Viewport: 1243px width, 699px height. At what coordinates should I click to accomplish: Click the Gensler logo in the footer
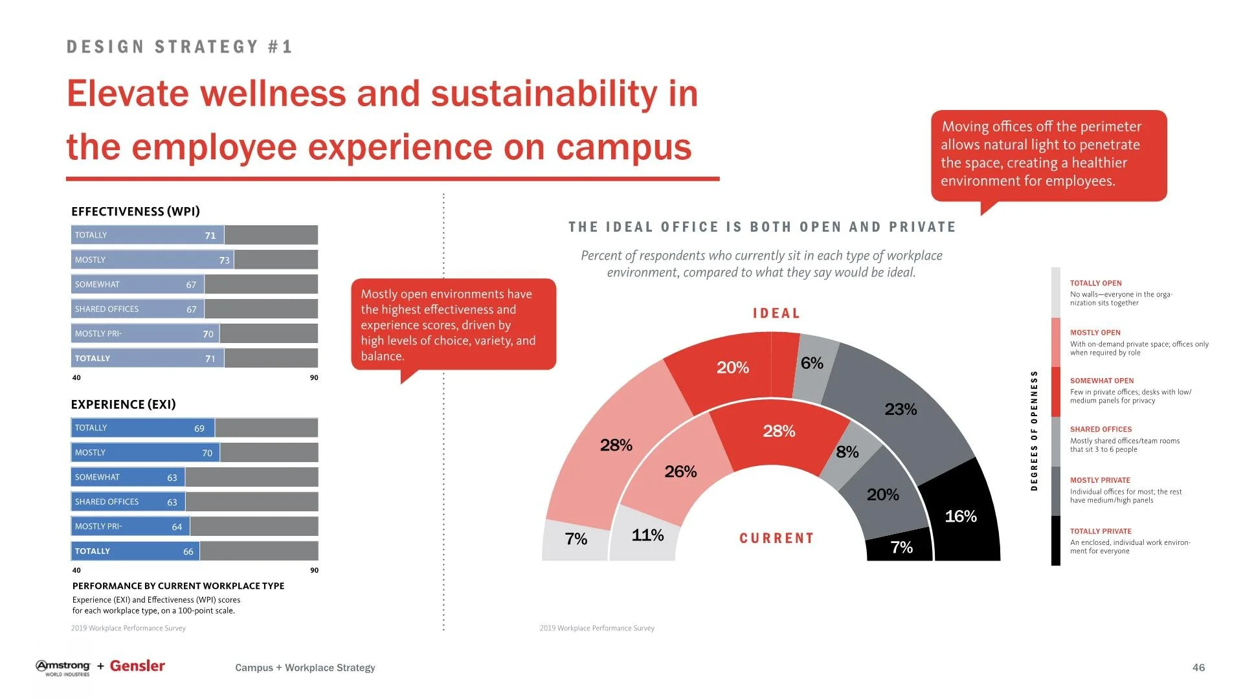137,666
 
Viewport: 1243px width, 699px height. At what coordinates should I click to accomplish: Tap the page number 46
1198,667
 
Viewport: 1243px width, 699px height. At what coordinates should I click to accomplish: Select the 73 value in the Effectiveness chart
224,260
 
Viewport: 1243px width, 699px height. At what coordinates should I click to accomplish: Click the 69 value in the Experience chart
199,428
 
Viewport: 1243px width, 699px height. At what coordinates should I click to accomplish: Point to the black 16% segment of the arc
961,516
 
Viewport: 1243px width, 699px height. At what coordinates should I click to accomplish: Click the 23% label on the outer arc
901,409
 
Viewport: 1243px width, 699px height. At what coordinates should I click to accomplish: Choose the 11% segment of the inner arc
647,535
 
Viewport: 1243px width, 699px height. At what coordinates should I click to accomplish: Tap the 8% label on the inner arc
847,452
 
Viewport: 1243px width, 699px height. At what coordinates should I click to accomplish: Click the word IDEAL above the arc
776,313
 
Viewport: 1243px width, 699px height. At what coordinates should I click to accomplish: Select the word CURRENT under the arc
776,538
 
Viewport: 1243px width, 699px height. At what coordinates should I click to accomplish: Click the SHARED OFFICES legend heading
1101,429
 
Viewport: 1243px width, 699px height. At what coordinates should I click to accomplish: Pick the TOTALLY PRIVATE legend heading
1101,531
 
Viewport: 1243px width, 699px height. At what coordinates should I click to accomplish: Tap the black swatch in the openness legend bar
1056,540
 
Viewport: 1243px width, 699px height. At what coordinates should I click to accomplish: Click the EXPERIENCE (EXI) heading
123,405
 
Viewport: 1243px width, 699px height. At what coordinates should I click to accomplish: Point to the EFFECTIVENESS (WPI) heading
135,212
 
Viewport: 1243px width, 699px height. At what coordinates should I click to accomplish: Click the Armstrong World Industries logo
63,668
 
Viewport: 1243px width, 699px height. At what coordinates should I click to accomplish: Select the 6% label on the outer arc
812,363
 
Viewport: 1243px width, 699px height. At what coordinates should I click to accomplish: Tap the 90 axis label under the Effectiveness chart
314,378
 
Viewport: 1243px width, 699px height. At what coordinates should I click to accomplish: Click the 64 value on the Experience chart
177,527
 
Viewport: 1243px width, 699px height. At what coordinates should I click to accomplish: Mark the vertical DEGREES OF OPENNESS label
1034,430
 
